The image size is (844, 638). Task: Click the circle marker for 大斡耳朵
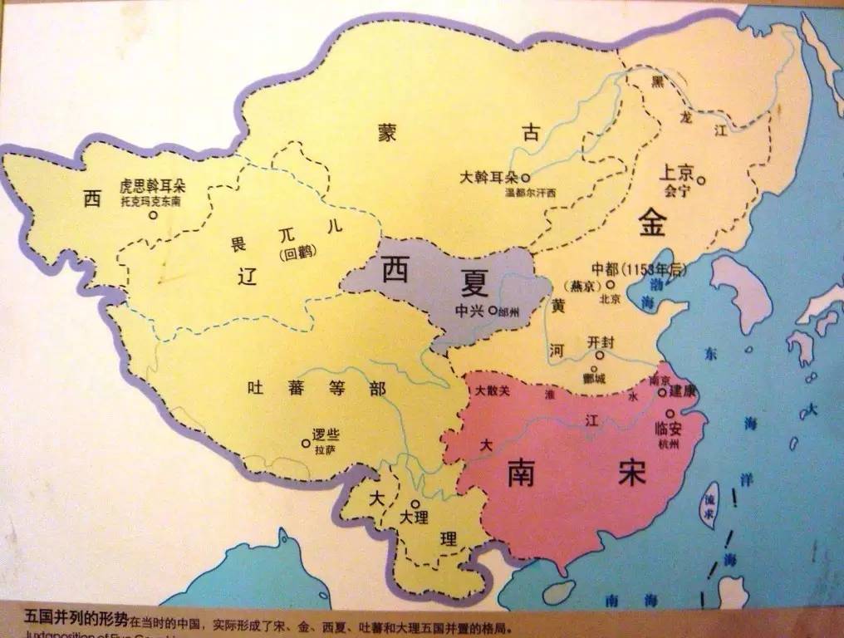(x=525, y=178)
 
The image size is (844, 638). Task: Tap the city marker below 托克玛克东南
(x=153, y=215)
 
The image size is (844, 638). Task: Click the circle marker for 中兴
(x=493, y=311)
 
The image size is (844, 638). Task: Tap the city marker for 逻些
(x=306, y=443)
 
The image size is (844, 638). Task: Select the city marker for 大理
(x=414, y=503)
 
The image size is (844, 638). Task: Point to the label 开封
(x=600, y=341)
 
